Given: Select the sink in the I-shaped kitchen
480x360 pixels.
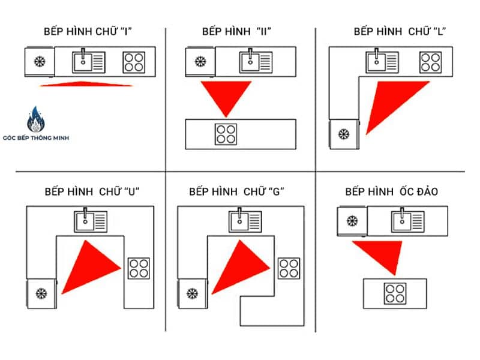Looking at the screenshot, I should click(x=89, y=61).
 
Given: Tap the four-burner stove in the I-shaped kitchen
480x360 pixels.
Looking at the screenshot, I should click(x=134, y=61).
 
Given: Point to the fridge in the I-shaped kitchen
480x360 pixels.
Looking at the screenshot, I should click(x=40, y=61).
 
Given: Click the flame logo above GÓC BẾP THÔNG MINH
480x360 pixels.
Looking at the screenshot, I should click(x=36, y=120).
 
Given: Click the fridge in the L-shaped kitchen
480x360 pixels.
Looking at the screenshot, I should click(x=344, y=134).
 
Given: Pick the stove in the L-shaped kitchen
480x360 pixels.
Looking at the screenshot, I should click(x=430, y=61).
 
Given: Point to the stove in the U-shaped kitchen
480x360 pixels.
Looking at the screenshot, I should click(x=139, y=268).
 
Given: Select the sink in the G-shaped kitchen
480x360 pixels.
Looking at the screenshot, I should click(x=245, y=221).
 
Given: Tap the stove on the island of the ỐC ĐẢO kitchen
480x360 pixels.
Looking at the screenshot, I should click(x=395, y=293).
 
